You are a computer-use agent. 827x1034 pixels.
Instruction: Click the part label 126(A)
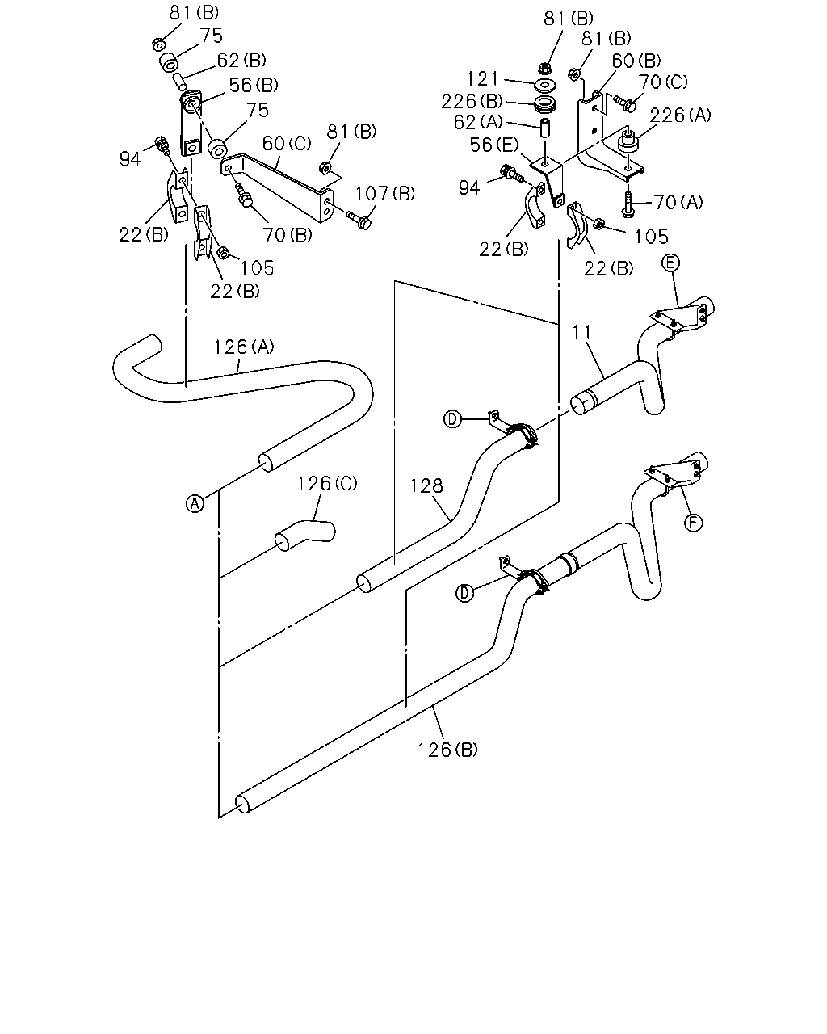244,347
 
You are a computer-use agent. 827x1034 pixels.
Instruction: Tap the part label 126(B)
447,750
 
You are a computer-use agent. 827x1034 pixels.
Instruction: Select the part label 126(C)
327,483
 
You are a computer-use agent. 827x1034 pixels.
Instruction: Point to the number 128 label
426,485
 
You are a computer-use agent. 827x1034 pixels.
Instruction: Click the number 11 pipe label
582,332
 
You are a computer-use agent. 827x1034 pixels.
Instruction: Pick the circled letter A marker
195,503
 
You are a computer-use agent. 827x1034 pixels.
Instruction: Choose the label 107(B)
385,194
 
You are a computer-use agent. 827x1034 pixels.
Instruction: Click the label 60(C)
287,143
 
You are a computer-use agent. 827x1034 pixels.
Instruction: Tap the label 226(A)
680,116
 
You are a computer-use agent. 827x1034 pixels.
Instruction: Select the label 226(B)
472,102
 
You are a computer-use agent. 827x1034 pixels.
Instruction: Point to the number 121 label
483,78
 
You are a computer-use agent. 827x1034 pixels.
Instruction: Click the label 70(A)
678,202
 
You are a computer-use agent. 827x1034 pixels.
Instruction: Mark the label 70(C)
663,82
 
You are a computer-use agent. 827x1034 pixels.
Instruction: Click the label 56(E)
493,145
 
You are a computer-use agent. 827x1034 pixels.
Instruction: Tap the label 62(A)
478,122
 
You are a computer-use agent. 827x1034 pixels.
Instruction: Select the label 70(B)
288,234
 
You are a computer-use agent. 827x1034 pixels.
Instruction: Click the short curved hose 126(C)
305,534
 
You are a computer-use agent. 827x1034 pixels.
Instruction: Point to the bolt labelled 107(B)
358,221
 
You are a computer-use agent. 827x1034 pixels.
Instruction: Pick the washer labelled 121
545,86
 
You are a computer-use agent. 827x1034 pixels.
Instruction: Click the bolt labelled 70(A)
628,204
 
